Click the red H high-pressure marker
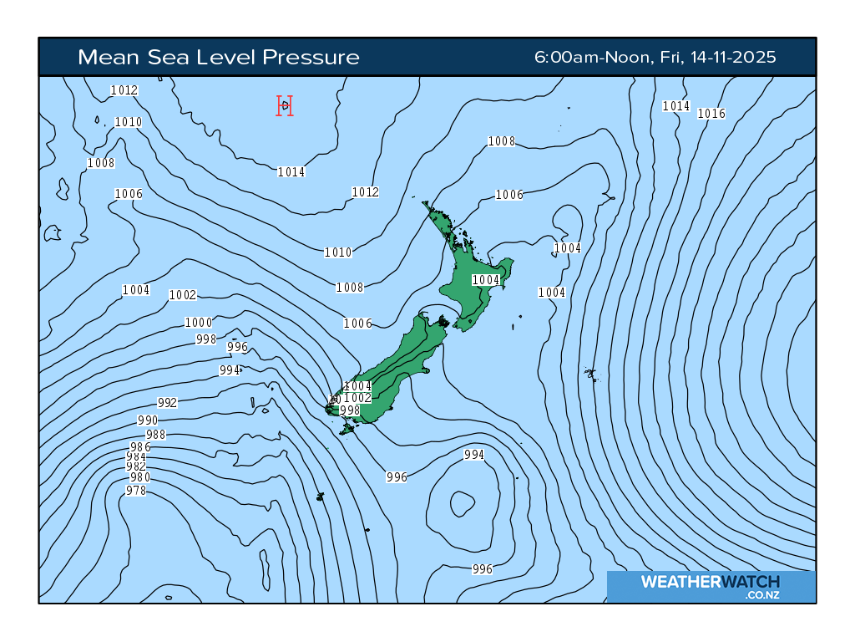click(x=285, y=105)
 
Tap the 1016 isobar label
click(x=711, y=114)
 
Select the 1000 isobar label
click(x=198, y=323)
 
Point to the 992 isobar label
click(x=167, y=403)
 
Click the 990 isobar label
click(x=148, y=420)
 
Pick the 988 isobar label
click(x=156, y=435)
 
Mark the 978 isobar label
click(x=136, y=491)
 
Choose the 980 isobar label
click(x=140, y=477)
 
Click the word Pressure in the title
click(x=311, y=57)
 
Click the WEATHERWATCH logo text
click(x=710, y=582)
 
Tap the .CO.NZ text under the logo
click(x=762, y=595)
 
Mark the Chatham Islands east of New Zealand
click(x=590, y=374)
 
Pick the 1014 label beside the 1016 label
click(x=676, y=106)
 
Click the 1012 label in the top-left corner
click(x=124, y=90)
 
